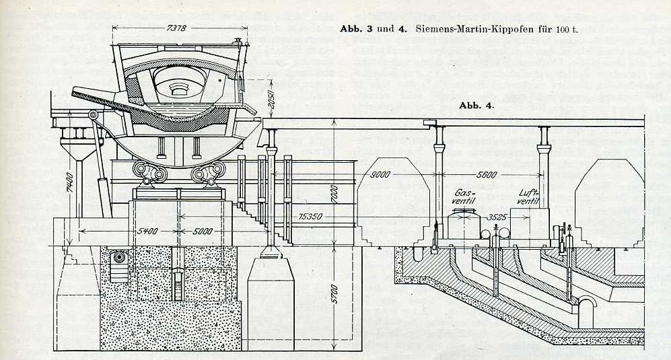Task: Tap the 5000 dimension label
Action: click(x=203, y=231)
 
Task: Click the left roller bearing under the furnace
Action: click(x=150, y=172)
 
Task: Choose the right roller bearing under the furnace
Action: click(x=208, y=172)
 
